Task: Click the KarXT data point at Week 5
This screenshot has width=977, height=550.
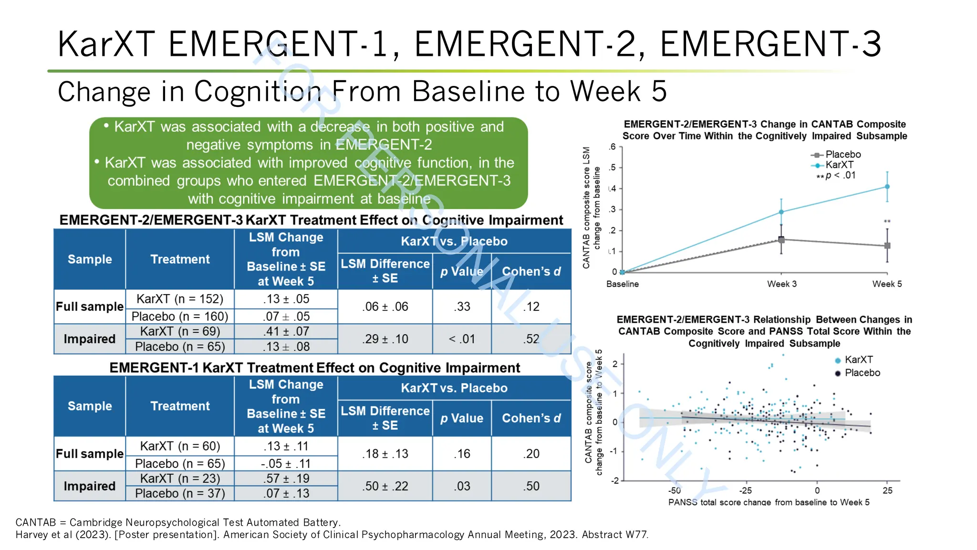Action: pyautogui.click(x=887, y=187)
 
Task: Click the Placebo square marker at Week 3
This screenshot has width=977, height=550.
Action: pyautogui.click(x=781, y=240)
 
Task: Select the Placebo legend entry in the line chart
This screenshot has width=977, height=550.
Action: pyautogui.click(x=842, y=154)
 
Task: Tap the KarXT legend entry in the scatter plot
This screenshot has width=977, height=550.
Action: pyautogui.click(x=858, y=360)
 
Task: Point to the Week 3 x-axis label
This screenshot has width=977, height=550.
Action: pyautogui.click(x=781, y=284)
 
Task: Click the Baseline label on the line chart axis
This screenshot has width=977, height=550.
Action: pyautogui.click(x=622, y=284)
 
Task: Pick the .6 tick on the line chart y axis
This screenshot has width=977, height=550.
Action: pyautogui.click(x=612, y=147)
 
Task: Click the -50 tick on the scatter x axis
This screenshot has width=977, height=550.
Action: pyautogui.click(x=674, y=490)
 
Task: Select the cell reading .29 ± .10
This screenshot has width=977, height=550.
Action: pyautogui.click(x=385, y=339)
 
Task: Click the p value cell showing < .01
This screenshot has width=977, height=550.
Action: pyautogui.click(x=461, y=339)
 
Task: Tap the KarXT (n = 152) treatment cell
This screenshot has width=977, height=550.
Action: pyautogui.click(x=180, y=299)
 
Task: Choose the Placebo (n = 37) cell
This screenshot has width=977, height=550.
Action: pyautogui.click(x=180, y=493)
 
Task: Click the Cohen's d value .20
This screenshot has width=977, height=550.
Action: pyautogui.click(x=531, y=454)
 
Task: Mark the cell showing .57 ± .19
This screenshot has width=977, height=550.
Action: pyautogui.click(x=286, y=478)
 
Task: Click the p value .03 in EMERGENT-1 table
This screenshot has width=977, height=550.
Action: pyautogui.click(x=461, y=486)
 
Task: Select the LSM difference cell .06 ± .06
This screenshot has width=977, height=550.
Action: pyautogui.click(x=385, y=307)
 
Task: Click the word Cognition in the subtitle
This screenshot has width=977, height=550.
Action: pyautogui.click(x=258, y=91)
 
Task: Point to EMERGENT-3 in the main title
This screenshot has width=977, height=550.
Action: pyautogui.click(x=770, y=44)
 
